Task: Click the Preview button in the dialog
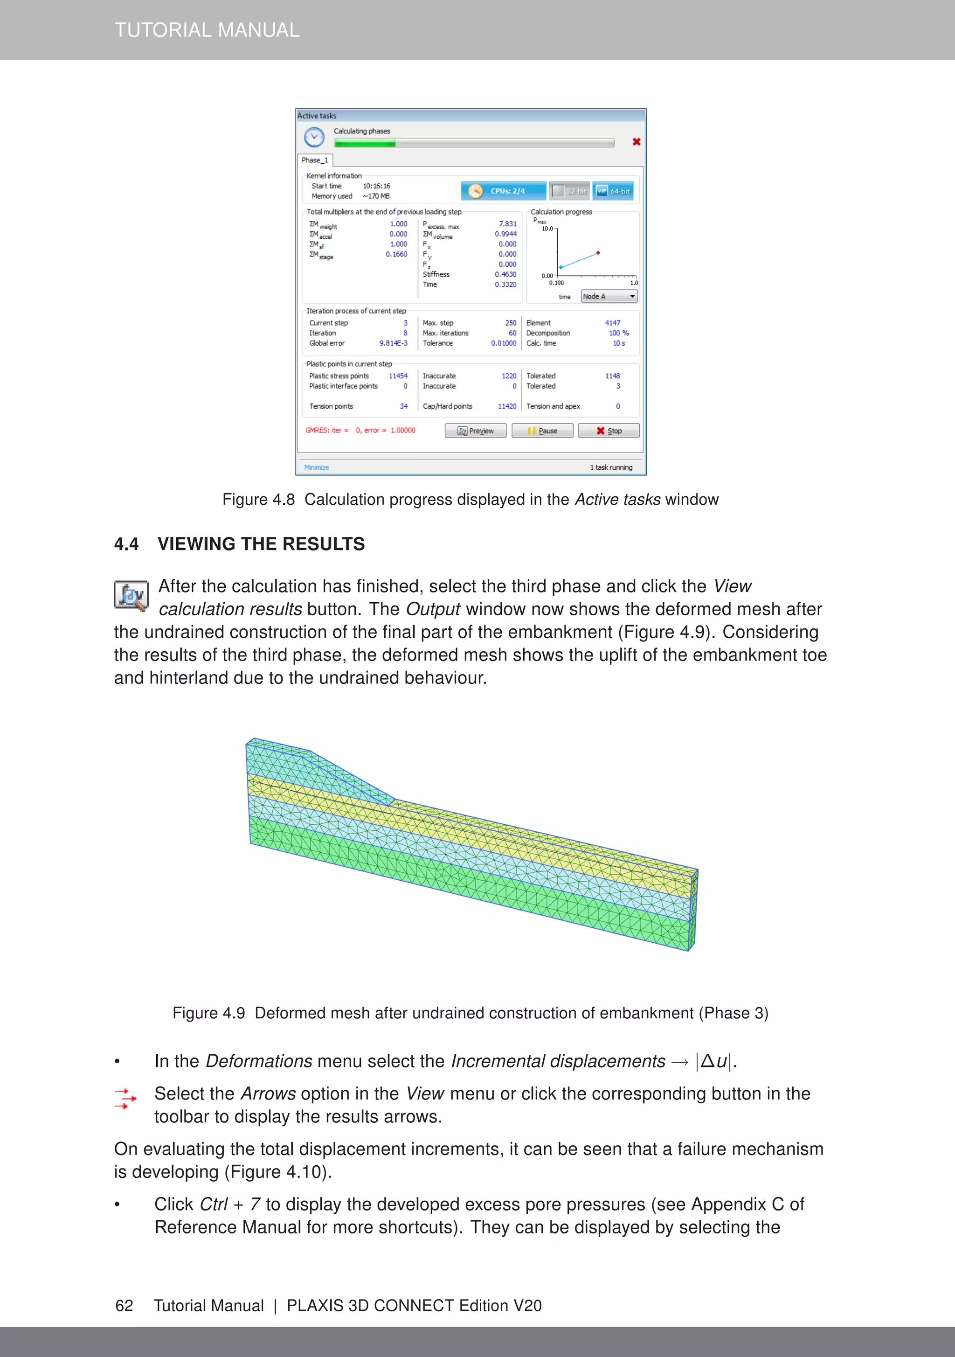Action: tap(475, 431)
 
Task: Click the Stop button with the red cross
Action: tap(608, 431)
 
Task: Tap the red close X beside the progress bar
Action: tap(637, 142)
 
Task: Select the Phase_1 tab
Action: tap(314, 160)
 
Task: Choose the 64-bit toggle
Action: tap(613, 191)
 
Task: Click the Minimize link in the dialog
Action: tap(316, 467)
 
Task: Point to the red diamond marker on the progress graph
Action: tap(598, 253)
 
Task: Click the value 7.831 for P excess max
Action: tap(507, 224)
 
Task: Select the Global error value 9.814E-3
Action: tap(393, 343)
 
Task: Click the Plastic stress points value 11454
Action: tap(398, 376)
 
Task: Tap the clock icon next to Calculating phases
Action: tap(314, 137)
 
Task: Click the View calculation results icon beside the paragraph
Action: tap(131, 596)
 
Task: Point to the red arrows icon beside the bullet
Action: tap(125, 1099)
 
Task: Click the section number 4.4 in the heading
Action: tap(126, 544)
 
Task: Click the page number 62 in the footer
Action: tap(124, 1305)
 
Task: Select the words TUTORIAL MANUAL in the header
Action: tap(207, 29)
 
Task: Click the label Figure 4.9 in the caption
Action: tap(208, 1013)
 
